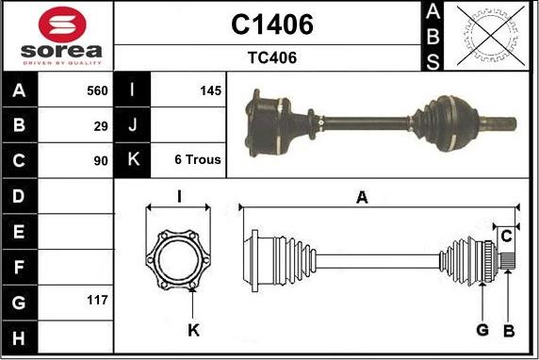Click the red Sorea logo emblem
(x=62, y=25)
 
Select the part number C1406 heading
(x=272, y=25)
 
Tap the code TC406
(x=272, y=57)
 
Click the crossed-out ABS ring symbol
(x=491, y=36)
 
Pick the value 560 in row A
(x=97, y=90)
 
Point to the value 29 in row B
(x=101, y=126)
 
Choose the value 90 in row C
(x=101, y=161)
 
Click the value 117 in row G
(x=97, y=301)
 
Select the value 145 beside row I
(x=210, y=90)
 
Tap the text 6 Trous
(x=198, y=159)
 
